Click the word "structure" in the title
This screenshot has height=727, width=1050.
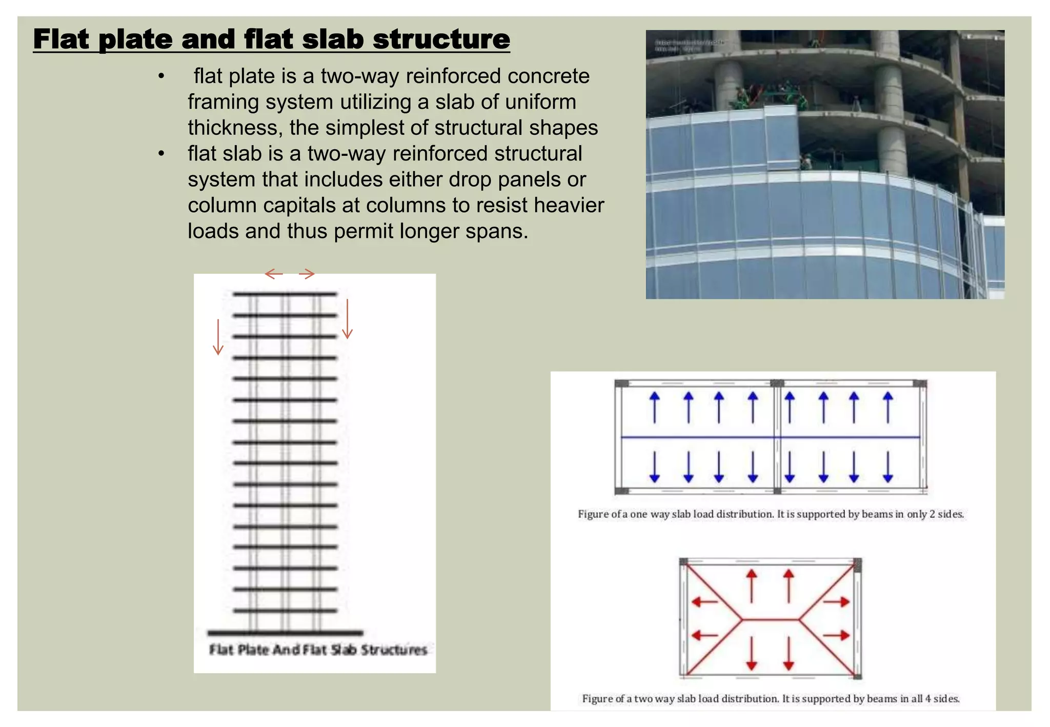point(441,39)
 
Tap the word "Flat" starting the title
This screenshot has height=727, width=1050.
point(61,39)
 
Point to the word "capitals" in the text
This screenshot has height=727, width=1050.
point(299,205)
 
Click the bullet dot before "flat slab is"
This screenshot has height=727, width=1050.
point(161,153)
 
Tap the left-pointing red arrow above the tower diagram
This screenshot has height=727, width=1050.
point(274,274)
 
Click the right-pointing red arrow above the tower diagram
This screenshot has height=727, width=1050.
point(307,274)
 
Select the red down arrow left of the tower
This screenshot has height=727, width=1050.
point(218,337)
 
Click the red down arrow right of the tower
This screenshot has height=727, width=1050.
point(348,319)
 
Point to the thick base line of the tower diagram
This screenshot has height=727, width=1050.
point(285,633)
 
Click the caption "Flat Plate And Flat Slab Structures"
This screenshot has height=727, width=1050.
point(318,650)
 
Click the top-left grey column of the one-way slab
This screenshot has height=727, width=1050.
point(622,383)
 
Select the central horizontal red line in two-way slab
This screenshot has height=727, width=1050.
point(770,619)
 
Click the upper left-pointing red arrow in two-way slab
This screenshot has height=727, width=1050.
point(705,601)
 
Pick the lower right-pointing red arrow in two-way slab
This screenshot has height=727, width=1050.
point(837,636)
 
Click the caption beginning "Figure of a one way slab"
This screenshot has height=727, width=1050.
point(771,514)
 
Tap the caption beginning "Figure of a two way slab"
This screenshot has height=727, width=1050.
point(771,699)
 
